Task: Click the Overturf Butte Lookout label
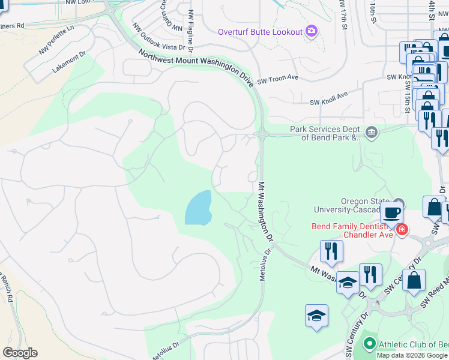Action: [x=260, y=31]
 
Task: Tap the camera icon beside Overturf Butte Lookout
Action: [x=311, y=31]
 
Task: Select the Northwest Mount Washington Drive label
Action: [x=196, y=69]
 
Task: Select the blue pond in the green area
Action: [x=199, y=208]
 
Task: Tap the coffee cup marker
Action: [x=391, y=212]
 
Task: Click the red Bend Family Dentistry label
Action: [x=352, y=230]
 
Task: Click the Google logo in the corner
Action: [x=20, y=353]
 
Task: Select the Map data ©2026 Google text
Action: [x=412, y=355]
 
